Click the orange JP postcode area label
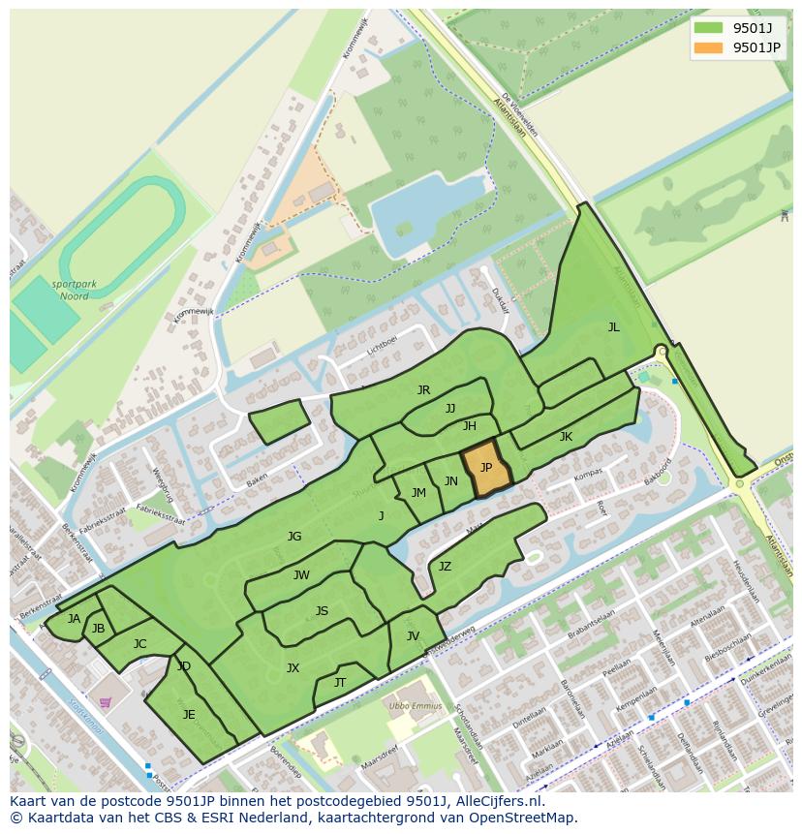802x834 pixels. (x=486, y=468)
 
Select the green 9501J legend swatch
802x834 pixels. (x=709, y=27)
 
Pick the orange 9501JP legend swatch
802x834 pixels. (x=709, y=47)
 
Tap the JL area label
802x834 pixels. (x=613, y=327)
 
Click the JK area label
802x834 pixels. (x=566, y=437)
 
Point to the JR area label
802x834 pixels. (x=423, y=390)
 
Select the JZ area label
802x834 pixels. (x=445, y=567)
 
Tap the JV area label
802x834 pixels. (x=413, y=636)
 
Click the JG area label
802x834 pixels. (x=294, y=536)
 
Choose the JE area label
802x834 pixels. (x=189, y=715)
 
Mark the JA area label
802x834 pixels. (x=74, y=619)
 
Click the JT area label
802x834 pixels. (x=340, y=683)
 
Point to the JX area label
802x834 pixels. (x=293, y=667)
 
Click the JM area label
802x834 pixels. (x=418, y=493)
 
